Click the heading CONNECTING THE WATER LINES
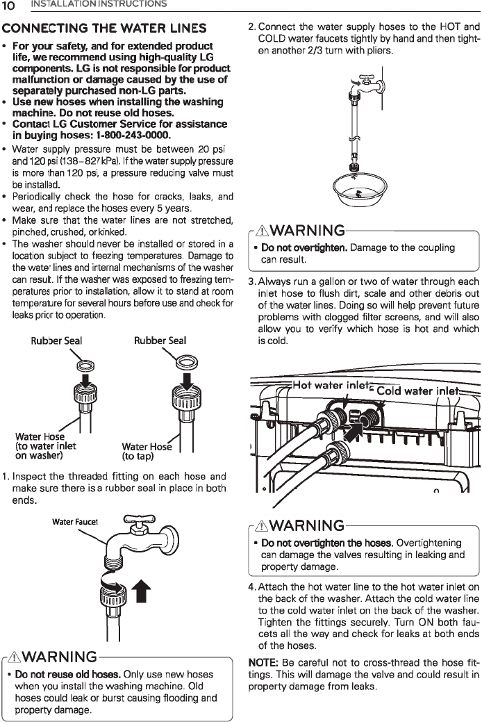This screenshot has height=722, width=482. pyautogui.click(x=105, y=28)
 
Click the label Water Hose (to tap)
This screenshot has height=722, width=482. pyautogui.click(x=146, y=452)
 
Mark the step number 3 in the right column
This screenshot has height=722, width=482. pyautogui.click(x=251, y=281)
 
